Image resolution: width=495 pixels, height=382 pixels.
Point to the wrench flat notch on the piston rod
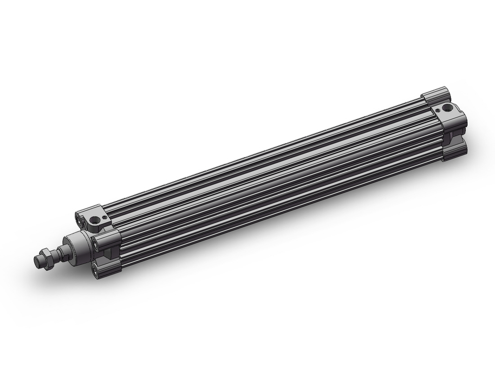click(62, 252)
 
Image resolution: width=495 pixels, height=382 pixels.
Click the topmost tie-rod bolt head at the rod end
click(79, 216)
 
